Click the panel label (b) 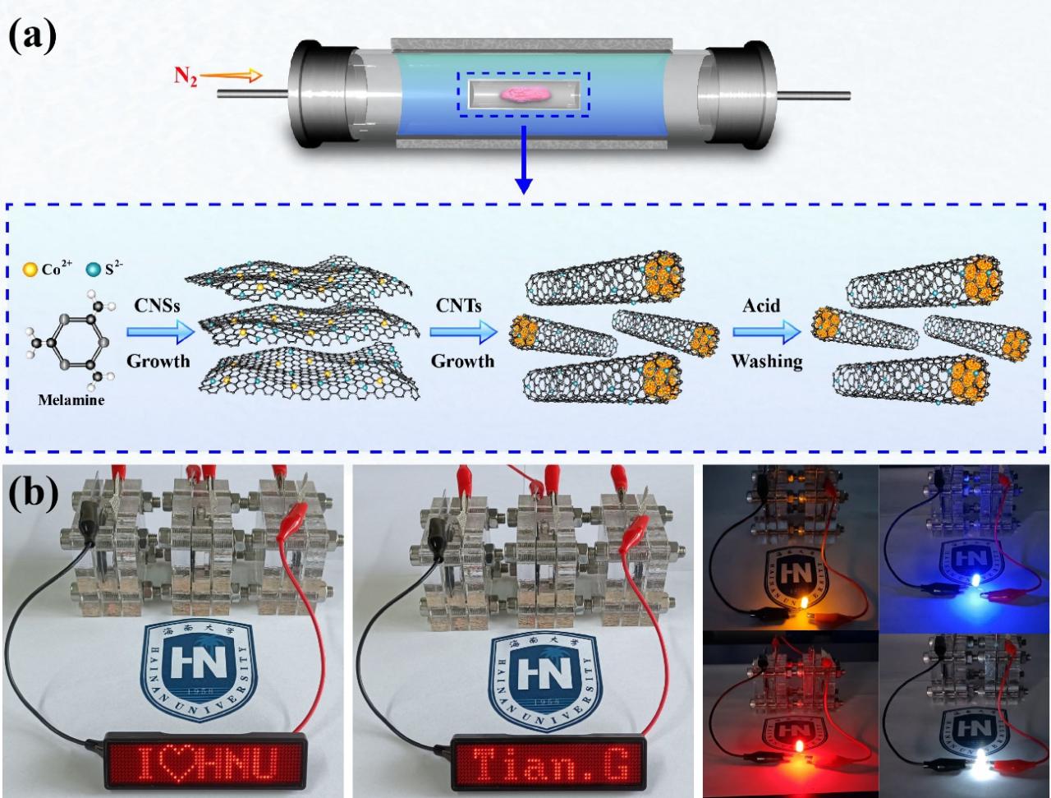pyautogui.click(x=34, y=493)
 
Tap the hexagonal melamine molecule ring pyautogui.click(x=76, y=344)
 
